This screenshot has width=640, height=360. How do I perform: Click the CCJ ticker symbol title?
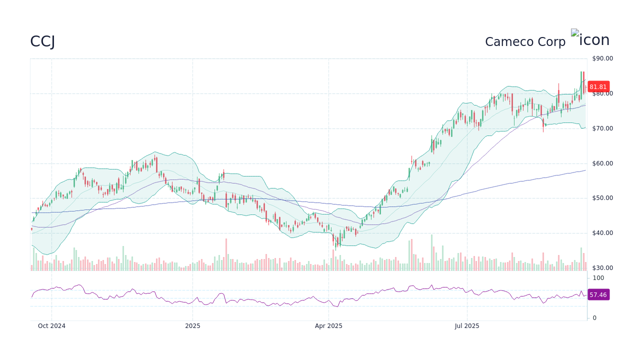[42, 41]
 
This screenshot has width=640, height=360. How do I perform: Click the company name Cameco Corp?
[525, 42]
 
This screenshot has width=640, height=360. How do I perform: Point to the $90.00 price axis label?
[602, 58]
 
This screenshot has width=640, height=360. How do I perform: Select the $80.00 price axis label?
[602, 93]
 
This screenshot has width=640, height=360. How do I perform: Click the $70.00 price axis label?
[602, 128]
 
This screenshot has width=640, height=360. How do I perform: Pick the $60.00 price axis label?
[602, 163]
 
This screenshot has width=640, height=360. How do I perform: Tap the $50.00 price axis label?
[602, 198]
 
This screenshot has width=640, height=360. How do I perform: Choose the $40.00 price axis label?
[602, 233]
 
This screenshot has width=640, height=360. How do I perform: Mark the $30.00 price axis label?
[602, 268]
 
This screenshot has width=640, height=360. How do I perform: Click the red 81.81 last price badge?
[598, 86]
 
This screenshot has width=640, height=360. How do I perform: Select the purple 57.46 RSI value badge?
[598, 295]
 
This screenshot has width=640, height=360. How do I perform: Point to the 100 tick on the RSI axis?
[598, 278]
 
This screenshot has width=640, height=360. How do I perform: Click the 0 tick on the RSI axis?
[594, 318]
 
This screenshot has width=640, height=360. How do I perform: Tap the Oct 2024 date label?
[52, 326]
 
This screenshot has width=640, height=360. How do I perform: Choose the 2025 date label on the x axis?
[192, 326]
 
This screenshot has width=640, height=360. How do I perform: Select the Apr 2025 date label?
[328, 326]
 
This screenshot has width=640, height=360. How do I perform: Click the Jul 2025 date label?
[467, 326]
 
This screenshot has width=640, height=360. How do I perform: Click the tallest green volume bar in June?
[431, 252]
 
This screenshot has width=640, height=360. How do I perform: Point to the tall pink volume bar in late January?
[226, 254]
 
